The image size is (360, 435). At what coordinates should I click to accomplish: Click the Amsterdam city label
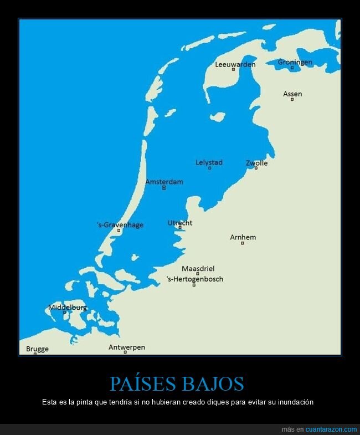pyautogui.click(x=164, y=182)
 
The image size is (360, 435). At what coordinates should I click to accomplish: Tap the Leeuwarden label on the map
pyautogui.click(x=235, y=64)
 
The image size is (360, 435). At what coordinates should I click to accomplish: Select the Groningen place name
pyautogui.click(x=295, y=62)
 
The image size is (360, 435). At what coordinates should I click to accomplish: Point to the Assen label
pyautogui.click(x=292, y=94)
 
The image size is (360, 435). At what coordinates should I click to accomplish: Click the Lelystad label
pyautogui.click(x=209, y=162)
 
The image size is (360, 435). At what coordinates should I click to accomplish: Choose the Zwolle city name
pyautogui.click(x=256, y=163)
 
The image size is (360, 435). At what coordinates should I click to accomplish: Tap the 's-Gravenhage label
pyautogui.click(x=120, y=224)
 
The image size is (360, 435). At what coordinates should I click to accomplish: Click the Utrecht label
pyautogui.click(x=180, y=223)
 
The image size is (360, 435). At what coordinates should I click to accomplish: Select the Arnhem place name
pyautogui.click(x=243, y=237)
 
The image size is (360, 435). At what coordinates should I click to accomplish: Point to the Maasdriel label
pyautogui.click(x=198, y=269)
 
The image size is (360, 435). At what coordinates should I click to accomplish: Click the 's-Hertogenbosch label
pyautogui.click(x=194, y=279)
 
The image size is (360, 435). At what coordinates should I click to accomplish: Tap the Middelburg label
pyautogui.click(x=68, y=307)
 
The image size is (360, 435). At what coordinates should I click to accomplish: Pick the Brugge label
pyautogui.click(x=37, y=349)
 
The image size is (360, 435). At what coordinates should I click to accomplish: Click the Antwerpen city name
pyautogui.click(x=126, y=347)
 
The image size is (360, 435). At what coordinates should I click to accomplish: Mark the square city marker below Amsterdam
pyautogui.click(x=164, y=188)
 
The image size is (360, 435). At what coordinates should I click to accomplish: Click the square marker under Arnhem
pyautogui.click(x=242, y=243)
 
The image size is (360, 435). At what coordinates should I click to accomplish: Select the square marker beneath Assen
pyautogui.click(x=292, y=100)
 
